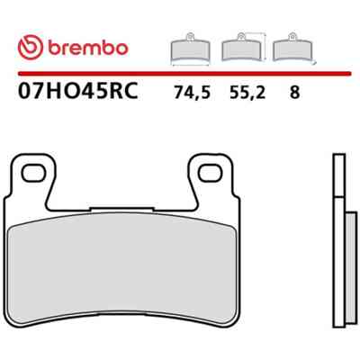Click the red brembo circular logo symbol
click(x=31, y=47)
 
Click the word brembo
click(x=88, y=48)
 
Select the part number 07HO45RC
click(x=78, y=90)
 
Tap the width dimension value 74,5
click(x=193, y=93)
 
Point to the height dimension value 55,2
click(x=247, y=93)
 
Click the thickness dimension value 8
click(x=294, y=93)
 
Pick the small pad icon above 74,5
click(x=190, y=49)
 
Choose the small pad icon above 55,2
click(x=241, y=48)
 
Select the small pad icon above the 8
click(x=292, y=48)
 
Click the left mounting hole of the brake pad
click(x=33, y=173)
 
